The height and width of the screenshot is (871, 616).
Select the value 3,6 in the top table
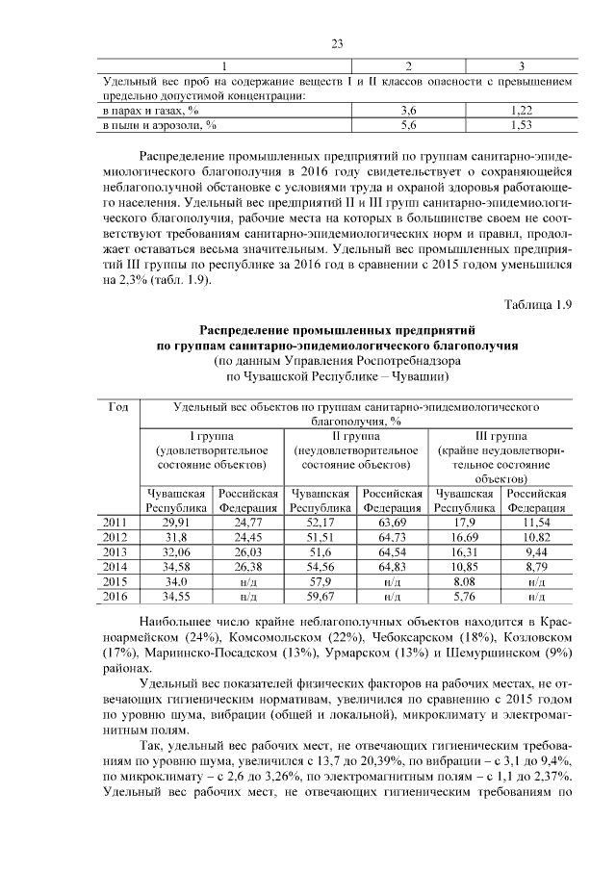408,112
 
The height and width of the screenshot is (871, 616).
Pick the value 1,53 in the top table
521,125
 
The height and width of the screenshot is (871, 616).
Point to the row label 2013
115,553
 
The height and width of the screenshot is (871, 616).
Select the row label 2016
115,597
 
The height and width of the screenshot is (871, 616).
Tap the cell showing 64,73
391,538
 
